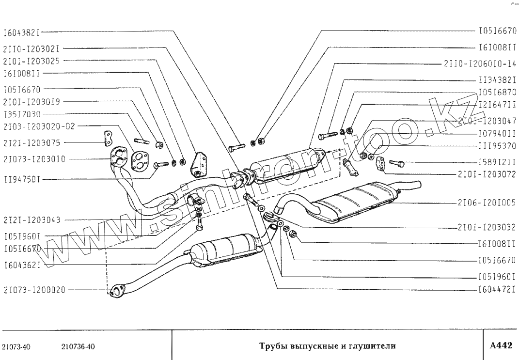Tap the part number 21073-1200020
click(x=33, y=291)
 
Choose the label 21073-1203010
click(x=33, y=158)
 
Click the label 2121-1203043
click(x=31, y=219)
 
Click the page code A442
click(x=501, y=345)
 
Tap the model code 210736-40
click(x=79, y=346)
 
